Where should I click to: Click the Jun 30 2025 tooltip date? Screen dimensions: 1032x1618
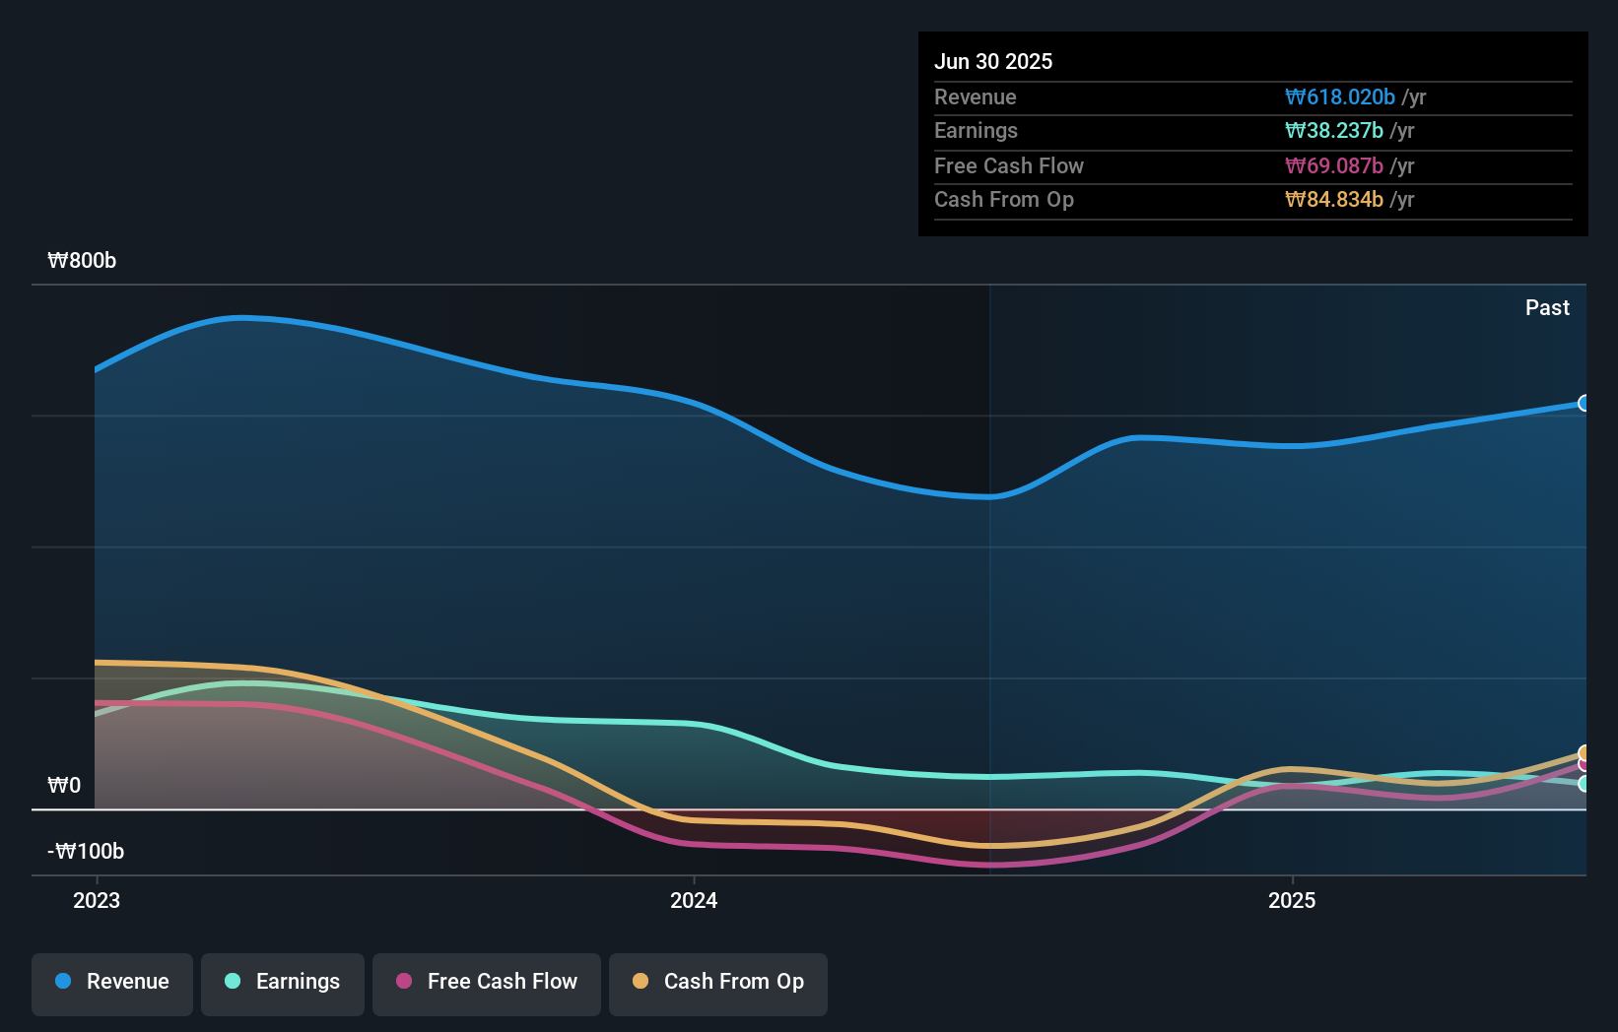(x=992, y=61)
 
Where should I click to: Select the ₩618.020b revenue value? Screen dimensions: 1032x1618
(x=1339, y=97)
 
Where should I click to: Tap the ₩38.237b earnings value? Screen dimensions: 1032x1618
(x=1333, y=131)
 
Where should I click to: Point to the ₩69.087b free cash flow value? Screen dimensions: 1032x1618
(x=1333, y=165)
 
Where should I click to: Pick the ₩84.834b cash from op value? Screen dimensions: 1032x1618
(x=1333, y=200)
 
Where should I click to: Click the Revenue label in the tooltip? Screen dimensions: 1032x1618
(x=975, y=97)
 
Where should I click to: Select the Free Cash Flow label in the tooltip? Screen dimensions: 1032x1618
(x=1008, y=165)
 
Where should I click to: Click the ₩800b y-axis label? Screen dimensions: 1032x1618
(x=82, y=261)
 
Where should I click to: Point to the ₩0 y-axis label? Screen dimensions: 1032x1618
(x=64, y=785)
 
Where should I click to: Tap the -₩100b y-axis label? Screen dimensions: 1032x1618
(x=86, y=851)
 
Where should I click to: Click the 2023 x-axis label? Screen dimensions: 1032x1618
(x=97, y=900)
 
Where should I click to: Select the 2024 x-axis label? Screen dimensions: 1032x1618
(x=694, y=900)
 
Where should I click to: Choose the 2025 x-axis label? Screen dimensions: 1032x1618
(x=1291, y=900)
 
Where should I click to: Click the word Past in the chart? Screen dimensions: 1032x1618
(x=1546, y=308)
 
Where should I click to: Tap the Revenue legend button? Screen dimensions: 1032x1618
(x=112, y=982)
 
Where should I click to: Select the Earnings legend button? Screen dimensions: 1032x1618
(x=283, y=982)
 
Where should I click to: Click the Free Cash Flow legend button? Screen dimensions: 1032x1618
(x=487, y=982)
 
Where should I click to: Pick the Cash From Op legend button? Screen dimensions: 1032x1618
(x=718, y=982)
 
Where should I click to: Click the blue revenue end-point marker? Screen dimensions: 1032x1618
(x=1584, y=403)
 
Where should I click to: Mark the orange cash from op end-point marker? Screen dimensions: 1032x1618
(x=1584, y=753)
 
